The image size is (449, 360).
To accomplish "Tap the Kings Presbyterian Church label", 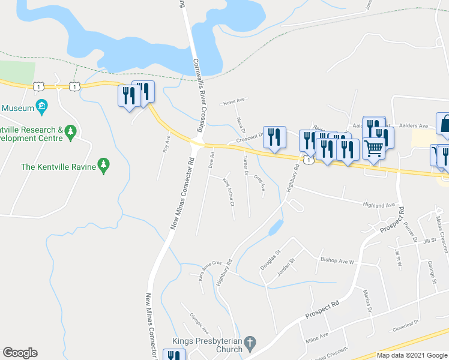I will [x=207, y=345].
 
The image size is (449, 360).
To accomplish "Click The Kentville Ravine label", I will [x=58, y=166].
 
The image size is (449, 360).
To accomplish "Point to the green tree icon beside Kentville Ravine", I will [x=104, y=165].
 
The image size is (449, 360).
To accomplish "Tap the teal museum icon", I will [x=41, y=108].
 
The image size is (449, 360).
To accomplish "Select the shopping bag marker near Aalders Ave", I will [x=446, y=124].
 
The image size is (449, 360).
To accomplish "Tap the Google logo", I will [x=20, y=353].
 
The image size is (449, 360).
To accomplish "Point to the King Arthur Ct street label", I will [x=229, y=192].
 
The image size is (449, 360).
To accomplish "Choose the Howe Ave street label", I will [x=235, y=101].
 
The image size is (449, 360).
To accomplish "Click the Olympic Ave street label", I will [x=199, y=323].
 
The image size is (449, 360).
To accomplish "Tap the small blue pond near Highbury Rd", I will [x=275, y=227].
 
